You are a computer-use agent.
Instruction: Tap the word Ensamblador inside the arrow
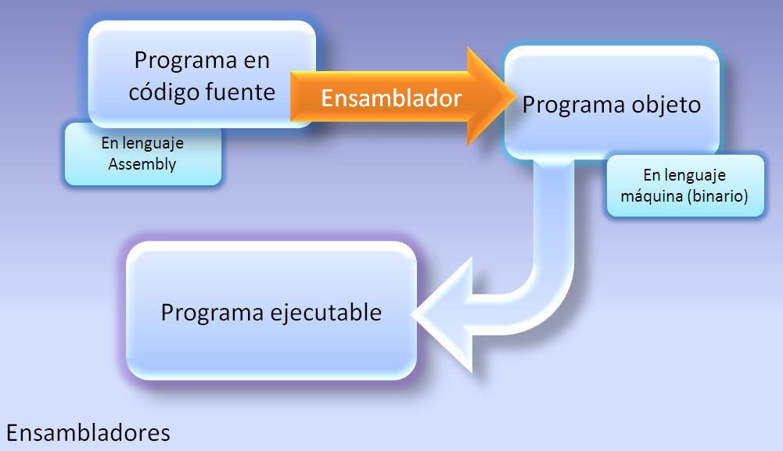(391, 98)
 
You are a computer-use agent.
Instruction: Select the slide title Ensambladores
(88, 432)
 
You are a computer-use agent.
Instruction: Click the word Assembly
(142, 164)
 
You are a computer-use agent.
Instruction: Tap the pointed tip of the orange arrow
(512, 98)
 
